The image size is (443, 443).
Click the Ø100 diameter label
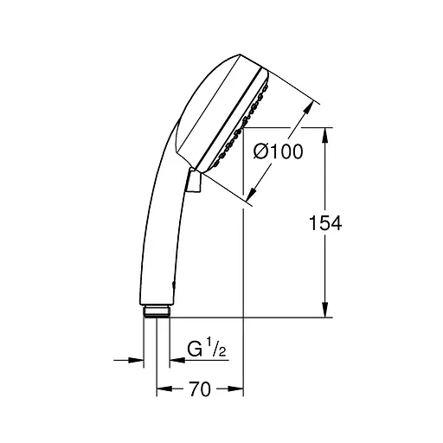[279, 151]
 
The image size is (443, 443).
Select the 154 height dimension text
[325, 222]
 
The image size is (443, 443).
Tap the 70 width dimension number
[200, 388]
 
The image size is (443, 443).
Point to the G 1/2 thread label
[206, 348]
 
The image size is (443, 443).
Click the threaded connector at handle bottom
[157, 311]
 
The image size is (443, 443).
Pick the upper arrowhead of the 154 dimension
[325, 135]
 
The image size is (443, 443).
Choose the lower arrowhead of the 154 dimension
[325, 310]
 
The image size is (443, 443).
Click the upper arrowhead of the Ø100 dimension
[308, 107]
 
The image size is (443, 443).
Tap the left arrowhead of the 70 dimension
[164, 388]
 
